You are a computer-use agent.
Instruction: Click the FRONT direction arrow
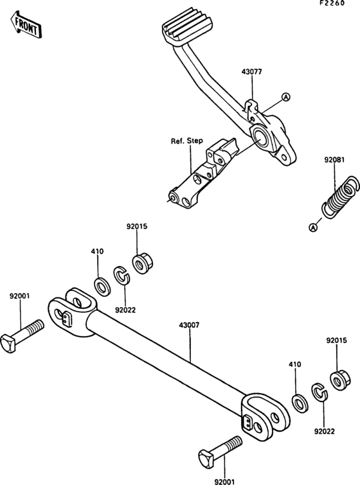pyautogui.click(x=26, y=25)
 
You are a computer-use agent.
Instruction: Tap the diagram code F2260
pyautogui.click(x=332, y=3)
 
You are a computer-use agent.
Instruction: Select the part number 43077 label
pyautogui.click(x=251, y=72)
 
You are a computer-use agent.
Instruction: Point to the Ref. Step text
pyautogui.click(x=187, y=141)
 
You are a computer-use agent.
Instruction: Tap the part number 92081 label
pyautogui.click(x=335, y=160)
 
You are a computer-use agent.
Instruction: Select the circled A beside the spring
pyautogui.click(x=314, y=227)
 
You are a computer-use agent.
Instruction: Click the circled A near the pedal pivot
pyautogui.click(x=286, y=98)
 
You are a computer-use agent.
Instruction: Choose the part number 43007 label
pyautogui.click(x=190, y=325)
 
